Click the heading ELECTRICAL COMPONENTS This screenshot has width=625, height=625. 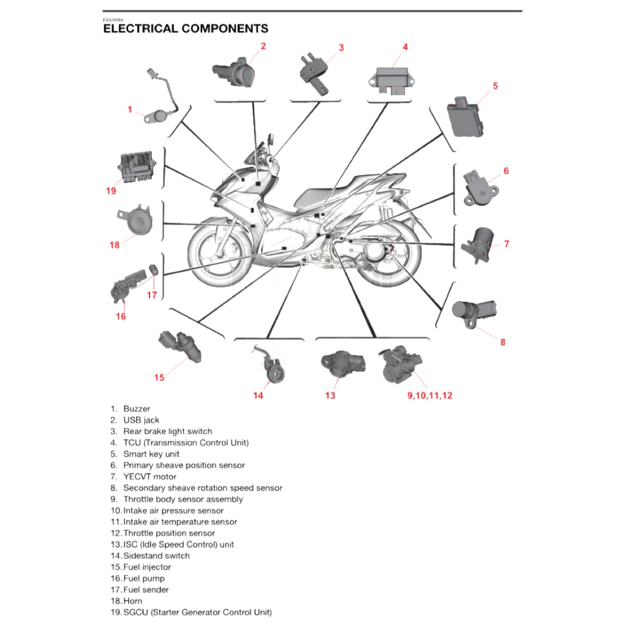pyautogui.click(x=186, y=28)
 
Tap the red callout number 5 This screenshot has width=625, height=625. pyautogui.click(x=495, y=86)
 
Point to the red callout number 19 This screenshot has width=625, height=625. pyautogui.click(x=110, y=191)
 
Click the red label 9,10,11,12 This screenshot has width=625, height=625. pyautogui.click(x=430, y=396)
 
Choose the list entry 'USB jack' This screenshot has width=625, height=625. pyautogui.click(x=141, y=420)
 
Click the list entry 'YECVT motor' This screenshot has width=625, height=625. pyautogui.click(x=150, y=477)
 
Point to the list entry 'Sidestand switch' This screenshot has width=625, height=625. pyautogui.click(x=156, y=556)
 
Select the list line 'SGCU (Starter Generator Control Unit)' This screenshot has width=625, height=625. pyautogui.click(x=197, y=612)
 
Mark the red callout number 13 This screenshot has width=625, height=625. pyautogui.click(x=330, y=396)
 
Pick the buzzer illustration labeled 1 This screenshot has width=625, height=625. pyautogui.click(x=161, y=114)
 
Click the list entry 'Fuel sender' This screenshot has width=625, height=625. pyautogui.click(x=146, y=590)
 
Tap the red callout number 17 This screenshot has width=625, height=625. pyautogui.click(x=152, y=295)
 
